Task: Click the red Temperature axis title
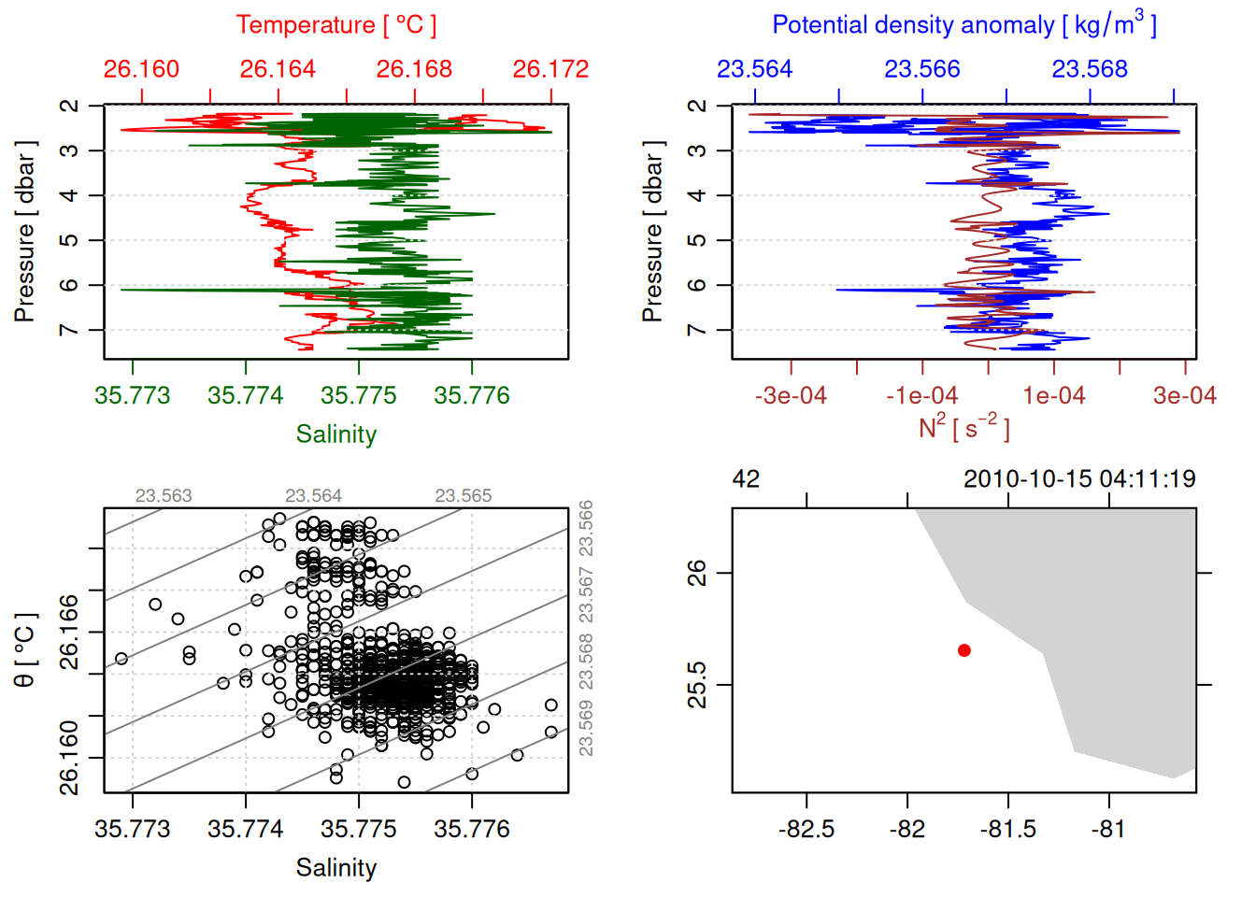[x=335, y=25]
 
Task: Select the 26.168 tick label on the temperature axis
[x=414, y=69]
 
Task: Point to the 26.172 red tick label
[x=550, y=69]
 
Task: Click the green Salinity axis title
[x=335, y=434]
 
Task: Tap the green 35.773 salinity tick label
[x=133, y=396]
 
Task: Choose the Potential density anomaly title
[x=963, y=25]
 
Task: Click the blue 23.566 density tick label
[x=922, y=69]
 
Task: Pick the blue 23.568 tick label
[x=1090, y=69]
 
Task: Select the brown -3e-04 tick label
[x=791, y=396]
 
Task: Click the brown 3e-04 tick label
[x=1185, y=396]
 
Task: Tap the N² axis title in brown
[x=963, y=428]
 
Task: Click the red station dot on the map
[x=964, y=650]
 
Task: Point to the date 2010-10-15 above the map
[x=1027, y=479]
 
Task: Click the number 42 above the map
[x=746, y=479]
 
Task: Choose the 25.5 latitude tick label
[x=697, y=685]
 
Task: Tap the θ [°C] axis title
[x=25, y=650]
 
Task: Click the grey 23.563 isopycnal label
[x=164, y=496]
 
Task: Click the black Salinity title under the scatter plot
[x=335, y=868]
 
